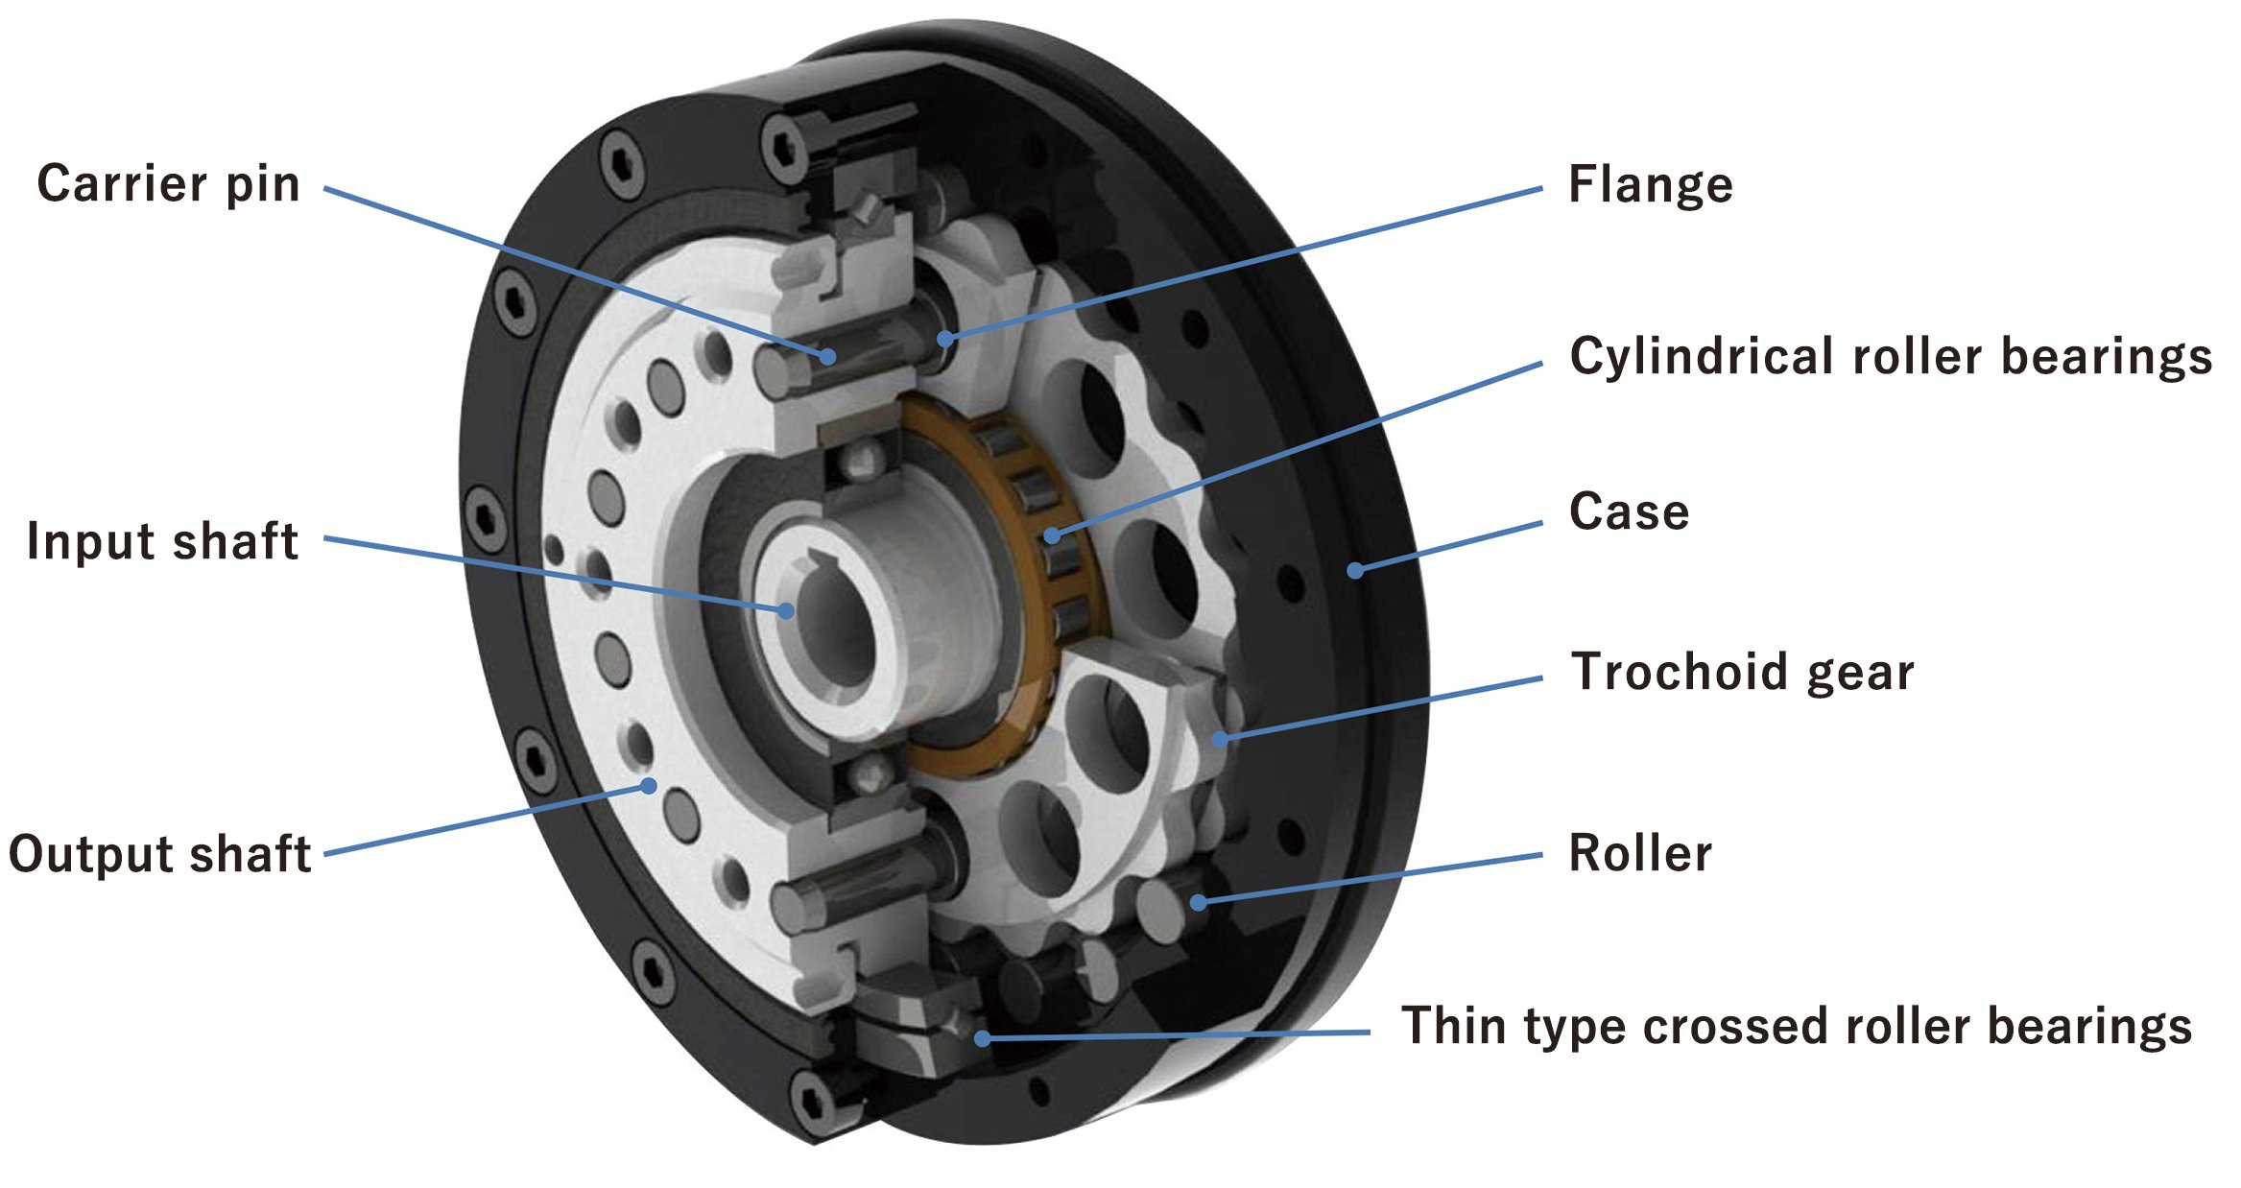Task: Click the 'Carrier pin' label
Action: [x=168, y=183]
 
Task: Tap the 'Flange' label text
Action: [x=1650, y=184]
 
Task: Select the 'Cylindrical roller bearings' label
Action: [x=1890, y=356]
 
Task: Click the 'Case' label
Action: [x=1629, y=511]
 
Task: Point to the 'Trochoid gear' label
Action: [x=1742, y=671]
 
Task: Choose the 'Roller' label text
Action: [x=1639, y=853]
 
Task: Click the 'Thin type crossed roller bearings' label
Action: [x=1796, y=1026]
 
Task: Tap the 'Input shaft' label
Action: [x=162, y=541]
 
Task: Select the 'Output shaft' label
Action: [x=159, y=853]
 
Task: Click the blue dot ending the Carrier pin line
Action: [x=827, y=356]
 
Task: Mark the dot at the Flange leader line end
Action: [x=945, y=339]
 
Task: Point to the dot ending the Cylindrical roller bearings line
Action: [x=1053, y=535]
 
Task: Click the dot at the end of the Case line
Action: [x=1355, y=571]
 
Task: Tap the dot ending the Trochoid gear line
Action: [x=1220, y=739]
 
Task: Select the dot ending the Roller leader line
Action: [x=1199, y=902]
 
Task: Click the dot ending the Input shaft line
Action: [x=786, y=610]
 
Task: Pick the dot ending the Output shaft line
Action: [x=649, y=787]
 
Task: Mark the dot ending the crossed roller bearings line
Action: [x=982, y=1038]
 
